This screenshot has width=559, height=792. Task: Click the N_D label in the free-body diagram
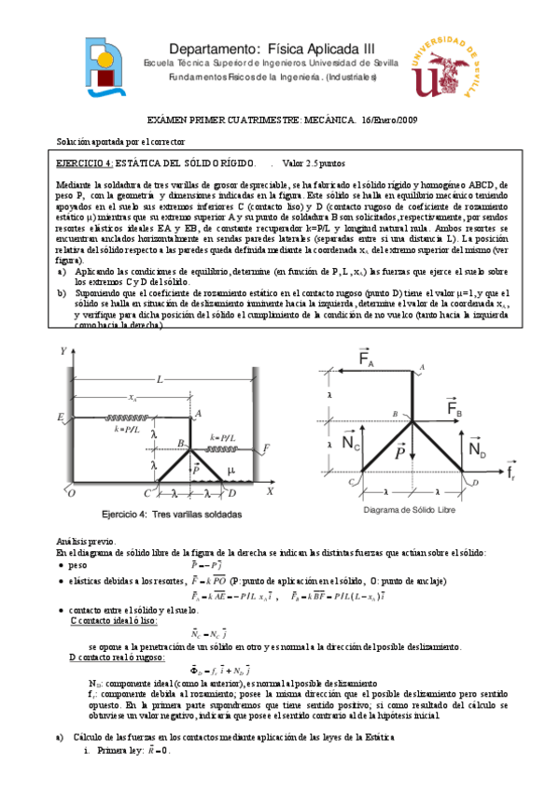pyautogui.click(x=478, y=449)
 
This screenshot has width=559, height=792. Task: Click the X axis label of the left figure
pyautogui.click(x=270, y=490)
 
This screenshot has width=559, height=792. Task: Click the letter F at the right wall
pyautogui.click(x=268, y=449)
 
